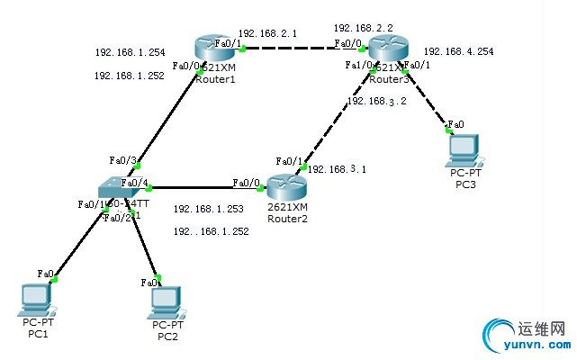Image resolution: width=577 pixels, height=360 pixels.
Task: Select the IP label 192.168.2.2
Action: pyautogui.click(x=362, y=28)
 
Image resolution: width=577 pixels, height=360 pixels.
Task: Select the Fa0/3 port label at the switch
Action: pyautogui.click(x=122, y=160)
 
